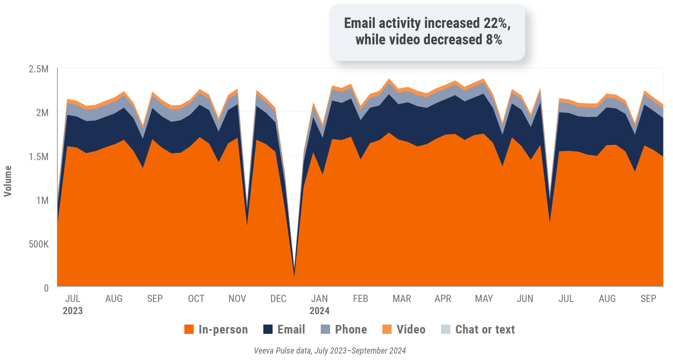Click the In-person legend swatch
click(189, 329)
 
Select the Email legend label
click(291, 329)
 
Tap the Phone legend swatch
click(325, 329)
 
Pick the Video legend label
click(411, 329)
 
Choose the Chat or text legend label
click(485, 329)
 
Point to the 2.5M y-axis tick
click(39, 69)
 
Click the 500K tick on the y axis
click(39, 244)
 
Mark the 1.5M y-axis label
click(39, 157)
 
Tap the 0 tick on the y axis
click(46, 288)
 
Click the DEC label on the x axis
click(278, 298)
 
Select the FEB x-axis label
click(360, 298)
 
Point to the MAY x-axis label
click(484, 298)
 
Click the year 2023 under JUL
click(73, 311)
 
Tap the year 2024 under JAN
click(319, 311)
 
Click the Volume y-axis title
click(8, 181)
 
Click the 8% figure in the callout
click(494, 39)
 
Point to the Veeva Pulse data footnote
click(330, 350)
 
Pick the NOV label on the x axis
click(237, 298)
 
